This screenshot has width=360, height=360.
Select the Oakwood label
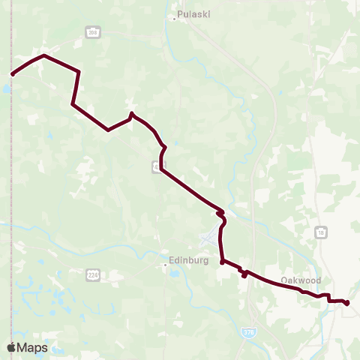pos(301,280)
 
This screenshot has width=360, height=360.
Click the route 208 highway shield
pos(93,32)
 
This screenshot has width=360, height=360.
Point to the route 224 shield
pos(92,274)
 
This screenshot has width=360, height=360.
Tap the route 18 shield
pos(320,232)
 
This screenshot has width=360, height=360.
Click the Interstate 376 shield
pos(248,330)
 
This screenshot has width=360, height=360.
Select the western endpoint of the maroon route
pos(13,74)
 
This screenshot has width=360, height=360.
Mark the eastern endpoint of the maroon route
pos(347,303)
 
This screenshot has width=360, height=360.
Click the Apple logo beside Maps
pos(12,347)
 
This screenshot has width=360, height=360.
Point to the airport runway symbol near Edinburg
pos(208,241)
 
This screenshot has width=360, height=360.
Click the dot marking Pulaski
pos(174,19)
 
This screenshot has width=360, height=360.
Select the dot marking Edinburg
pos(165,264)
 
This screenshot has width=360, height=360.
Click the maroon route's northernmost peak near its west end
pos(45,55)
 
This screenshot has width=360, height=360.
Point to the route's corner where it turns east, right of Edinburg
pos(223,262)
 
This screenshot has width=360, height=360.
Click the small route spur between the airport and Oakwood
pos(244,274)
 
